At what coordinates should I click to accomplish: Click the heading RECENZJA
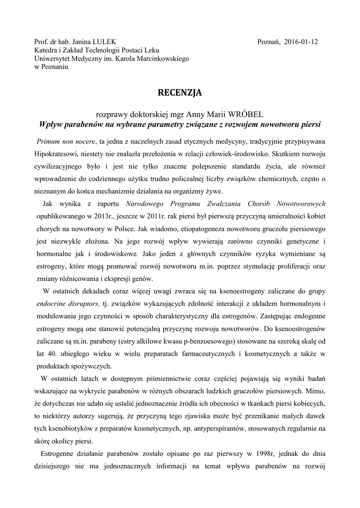[180, 92]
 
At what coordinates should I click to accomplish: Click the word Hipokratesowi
[56, 148]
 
